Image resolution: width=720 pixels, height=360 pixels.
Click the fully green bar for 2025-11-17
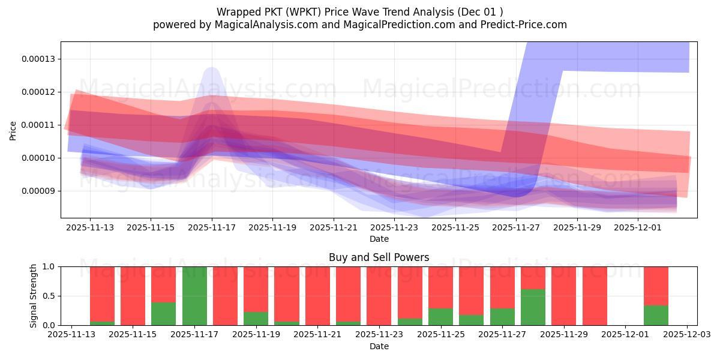click(194, 296)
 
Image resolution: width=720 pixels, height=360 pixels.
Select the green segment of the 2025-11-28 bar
click(533, 307)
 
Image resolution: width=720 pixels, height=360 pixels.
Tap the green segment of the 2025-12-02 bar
click(656, 315)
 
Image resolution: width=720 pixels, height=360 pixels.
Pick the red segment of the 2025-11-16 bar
click(164, 284)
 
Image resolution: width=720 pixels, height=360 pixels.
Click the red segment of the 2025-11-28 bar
click(533, 278)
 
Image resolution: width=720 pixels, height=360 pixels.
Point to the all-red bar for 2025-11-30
click(595, 296)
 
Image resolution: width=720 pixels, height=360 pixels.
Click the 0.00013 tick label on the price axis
click(37, 59)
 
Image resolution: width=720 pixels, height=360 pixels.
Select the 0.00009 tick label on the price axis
click(37, 191)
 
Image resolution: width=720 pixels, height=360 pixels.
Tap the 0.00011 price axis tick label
click(37, 125)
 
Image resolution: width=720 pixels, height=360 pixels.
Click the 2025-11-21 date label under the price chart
click(334, 228)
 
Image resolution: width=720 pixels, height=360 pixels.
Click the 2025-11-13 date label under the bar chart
click(71, 335)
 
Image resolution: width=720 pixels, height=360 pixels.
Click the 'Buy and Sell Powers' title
click(379, 257)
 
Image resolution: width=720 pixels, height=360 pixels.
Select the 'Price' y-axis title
click(13, 130)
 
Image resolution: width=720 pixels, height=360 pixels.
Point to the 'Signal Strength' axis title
click(34, 296)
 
